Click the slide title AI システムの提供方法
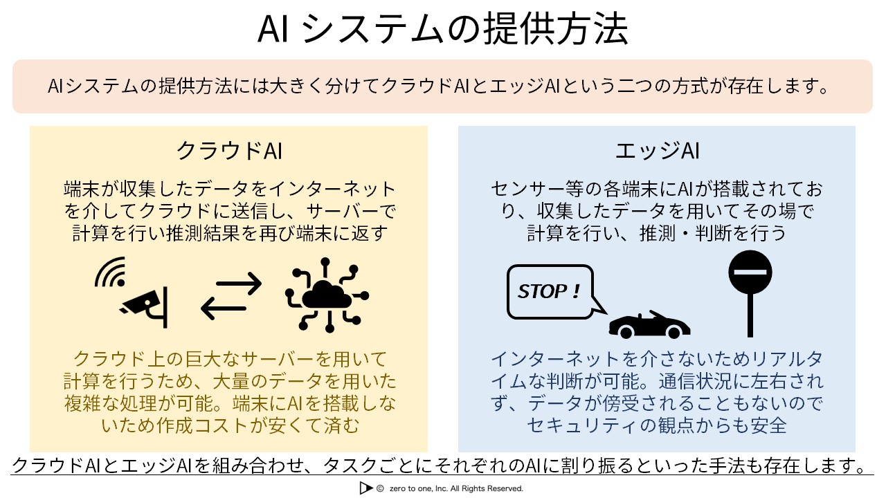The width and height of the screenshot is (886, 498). pyautogui.click(x=442, y=28)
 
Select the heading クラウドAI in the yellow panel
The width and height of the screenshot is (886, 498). pyautogui.click(x=229, y=151)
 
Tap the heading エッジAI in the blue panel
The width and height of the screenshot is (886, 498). pyautogui.click(x=658, y=151)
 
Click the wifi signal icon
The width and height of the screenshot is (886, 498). pyautogui.click(x=111, y=272)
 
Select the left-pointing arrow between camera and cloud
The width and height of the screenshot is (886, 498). pyautogui.click(x=224, y=308)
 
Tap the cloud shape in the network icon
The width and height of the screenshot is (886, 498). pyautogui.click(x=327, y=295)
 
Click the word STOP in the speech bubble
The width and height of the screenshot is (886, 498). pyautogui.click(x=543, y=292)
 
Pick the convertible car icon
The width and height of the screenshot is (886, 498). pyautogui.click(x=649, y=325)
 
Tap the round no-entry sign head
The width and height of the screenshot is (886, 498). pyautogui.click(x=750, y=272)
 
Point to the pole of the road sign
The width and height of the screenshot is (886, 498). pyautogui.click(x=750, y=315)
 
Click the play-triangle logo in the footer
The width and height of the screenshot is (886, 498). pyautogui.click(x=365, y=488)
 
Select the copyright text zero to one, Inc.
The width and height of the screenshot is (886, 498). pyautogui.click(x=456, y=488)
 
